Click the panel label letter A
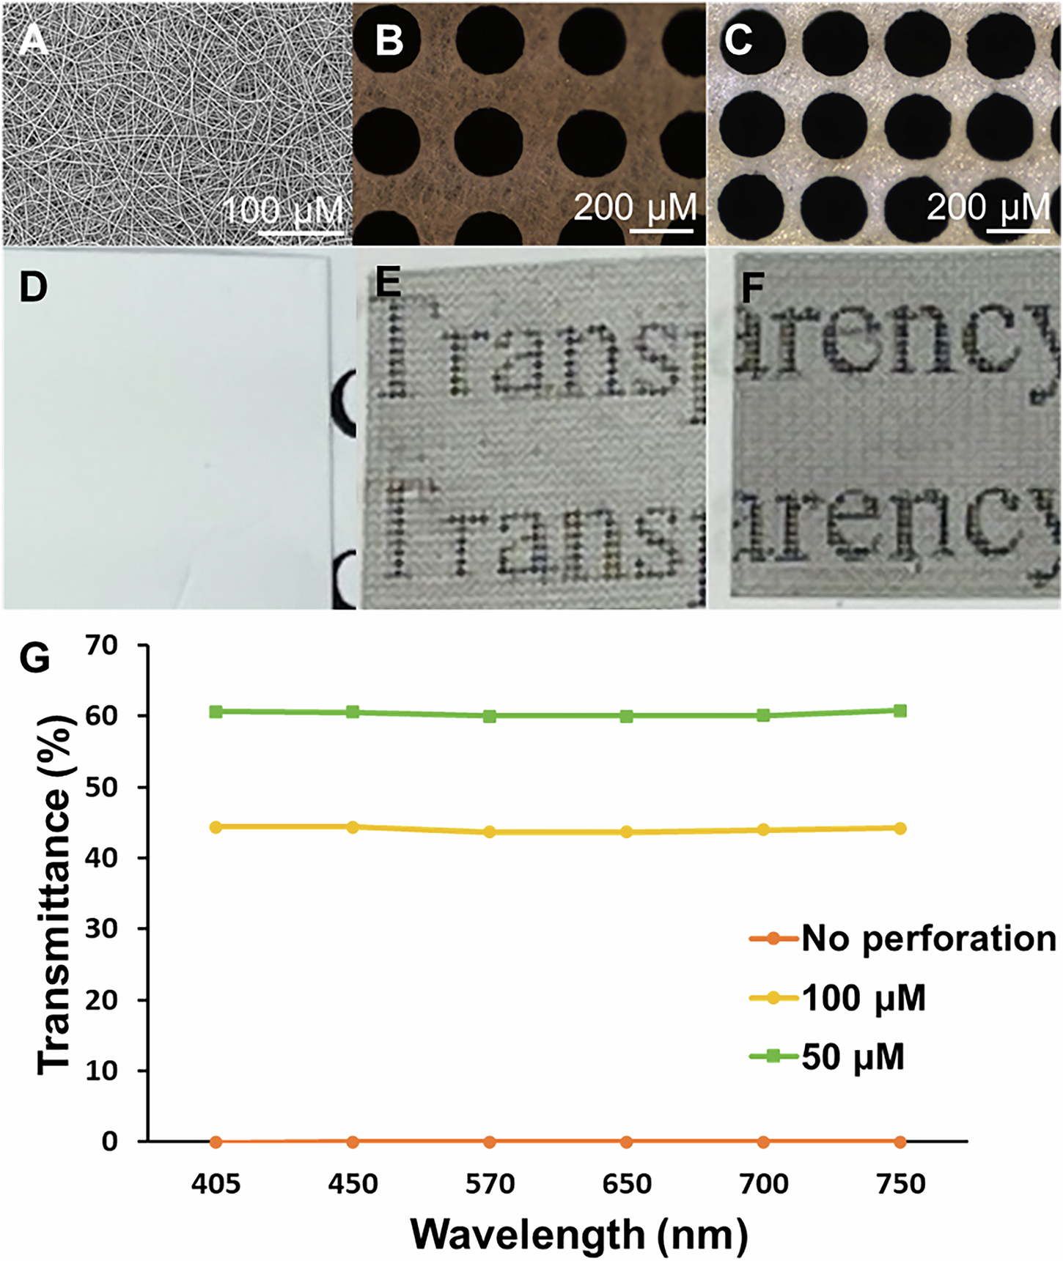pyautogui.click(x=33, y=40)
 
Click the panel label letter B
pyautogui.click(x=389, y=40)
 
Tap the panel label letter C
pyautogui.click(x=738, y=40)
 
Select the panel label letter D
pyautogui.click(x=33, y=286)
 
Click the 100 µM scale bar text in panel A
pyautogui.click(x=283, y=211)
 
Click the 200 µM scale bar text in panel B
pyautogui.click(x=635, y=207)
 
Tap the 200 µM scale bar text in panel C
pyautogui.click(x=988, y=207)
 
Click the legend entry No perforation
pyautogui.click(x=928, y=938)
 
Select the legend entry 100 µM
pyautogui.click(x=864, y=998)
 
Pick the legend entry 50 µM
pyautogui.click(x=853, y=1057)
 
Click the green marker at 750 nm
pyautogui.click(x=900, y=711)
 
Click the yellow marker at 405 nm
pyautogui.click(x=216, y=827)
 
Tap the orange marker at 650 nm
pyautogui.click(x=626, y=1142)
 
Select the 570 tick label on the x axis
pyautogui.click(x=490, y=1184)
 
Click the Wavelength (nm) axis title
pyautogui.click(x=579, y=1234)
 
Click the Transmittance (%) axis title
pyautogui.click(x=55, y=894)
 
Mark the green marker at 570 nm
pyautogui.click(x=490, y=716)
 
